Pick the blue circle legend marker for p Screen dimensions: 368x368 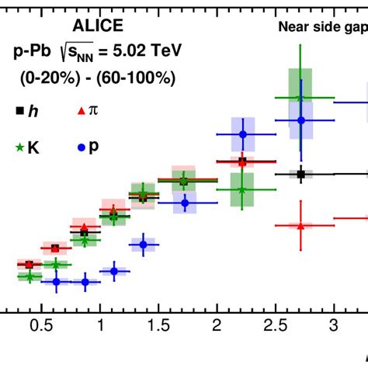82,146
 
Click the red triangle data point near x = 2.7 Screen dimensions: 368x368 300,225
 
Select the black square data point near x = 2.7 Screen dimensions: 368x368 300,174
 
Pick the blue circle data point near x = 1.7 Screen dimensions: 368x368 185,203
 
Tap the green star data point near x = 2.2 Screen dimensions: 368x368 242,189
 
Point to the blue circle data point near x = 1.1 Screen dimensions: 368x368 114,271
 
